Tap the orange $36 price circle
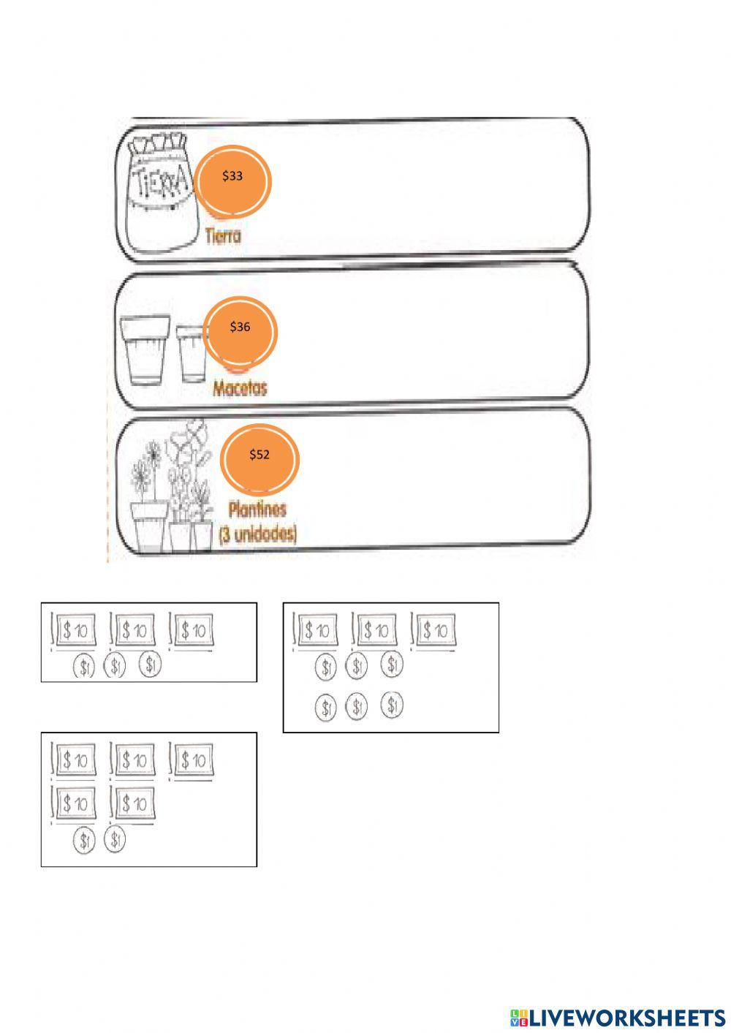click(x=240, y=330)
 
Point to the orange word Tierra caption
click(x=223, y=236)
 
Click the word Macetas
click(x=240, y=387)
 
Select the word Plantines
click(x=257, y=509)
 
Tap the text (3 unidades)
click(x=257, y=534)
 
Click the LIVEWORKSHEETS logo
click(x=618, y=1017)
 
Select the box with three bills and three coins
click(x=148, y=642)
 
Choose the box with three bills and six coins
click(x=390, y=667)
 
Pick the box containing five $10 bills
click(x=148, y=799)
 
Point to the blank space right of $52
click(x=439, y=479)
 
